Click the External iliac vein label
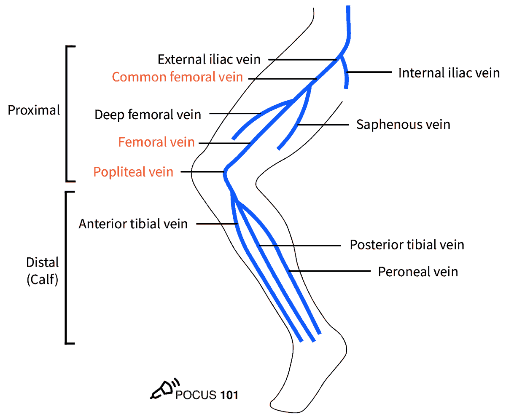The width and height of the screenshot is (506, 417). pyautogui.click(x=210, y=59)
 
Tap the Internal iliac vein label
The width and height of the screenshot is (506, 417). pyautogui.click(x=449, y=73)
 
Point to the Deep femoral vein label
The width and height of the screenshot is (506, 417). pyautogui.click(x=148, y=114)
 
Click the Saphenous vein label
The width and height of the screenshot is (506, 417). pyautogui.click(x=403, y=125)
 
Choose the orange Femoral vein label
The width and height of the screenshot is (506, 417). pyautogui.click(x=156, y=142)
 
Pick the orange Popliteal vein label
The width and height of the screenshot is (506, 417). pyautogui.click(x=133, y=172)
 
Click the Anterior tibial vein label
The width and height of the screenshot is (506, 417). pyautogui.click(x=133, y=224)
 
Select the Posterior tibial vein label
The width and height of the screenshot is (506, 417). pyautogui.click(x=407, y=245)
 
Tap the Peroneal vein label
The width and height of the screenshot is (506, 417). pyautogui.click(x=418, y=272)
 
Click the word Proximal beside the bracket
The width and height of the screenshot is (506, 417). pyautogui.click(x=34, y=110)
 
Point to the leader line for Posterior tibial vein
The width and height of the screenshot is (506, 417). pyautogui.click(x=299, y=245)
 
